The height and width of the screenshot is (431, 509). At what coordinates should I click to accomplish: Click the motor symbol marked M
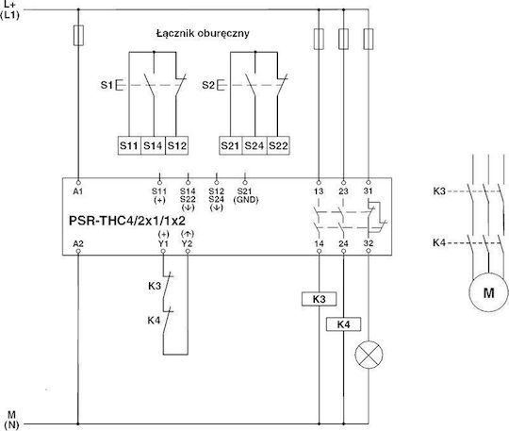pos(488,292)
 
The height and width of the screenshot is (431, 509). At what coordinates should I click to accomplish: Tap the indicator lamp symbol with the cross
pos(369,355)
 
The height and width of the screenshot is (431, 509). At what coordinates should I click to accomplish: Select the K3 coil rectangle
pos(319,299)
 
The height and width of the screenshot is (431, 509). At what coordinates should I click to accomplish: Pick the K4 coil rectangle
pos(343,324)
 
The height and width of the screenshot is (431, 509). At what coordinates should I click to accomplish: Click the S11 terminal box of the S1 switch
pos(129,145)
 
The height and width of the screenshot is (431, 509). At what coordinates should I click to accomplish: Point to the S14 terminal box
pos(153,145)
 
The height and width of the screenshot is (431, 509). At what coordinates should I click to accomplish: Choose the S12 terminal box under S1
pos(176,145)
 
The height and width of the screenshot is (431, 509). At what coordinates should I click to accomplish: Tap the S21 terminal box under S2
pos(231,145)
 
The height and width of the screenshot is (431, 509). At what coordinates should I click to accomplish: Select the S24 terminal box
pos(254,145)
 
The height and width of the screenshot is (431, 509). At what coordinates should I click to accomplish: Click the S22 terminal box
pos(278,145)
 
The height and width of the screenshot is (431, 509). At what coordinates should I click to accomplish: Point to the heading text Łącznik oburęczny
pos(203,33)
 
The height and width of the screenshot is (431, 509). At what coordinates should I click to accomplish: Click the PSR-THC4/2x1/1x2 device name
pos(127,221)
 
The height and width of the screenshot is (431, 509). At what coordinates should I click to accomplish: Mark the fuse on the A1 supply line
pos(78,36)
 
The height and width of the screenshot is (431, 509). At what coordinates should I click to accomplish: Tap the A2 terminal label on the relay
pos(78,243)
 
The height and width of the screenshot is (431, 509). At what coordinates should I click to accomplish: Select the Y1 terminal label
pos(163,243)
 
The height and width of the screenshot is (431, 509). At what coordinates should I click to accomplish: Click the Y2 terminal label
pos(187,243)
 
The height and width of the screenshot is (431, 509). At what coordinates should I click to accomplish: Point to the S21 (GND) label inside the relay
pos(246,195)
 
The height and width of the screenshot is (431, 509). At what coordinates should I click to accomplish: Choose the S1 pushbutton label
pos(107,85)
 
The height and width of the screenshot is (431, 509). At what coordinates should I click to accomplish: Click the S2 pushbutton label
pos(208,85)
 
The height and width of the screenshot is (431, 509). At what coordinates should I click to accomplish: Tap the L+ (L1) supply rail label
pos(9,9)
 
